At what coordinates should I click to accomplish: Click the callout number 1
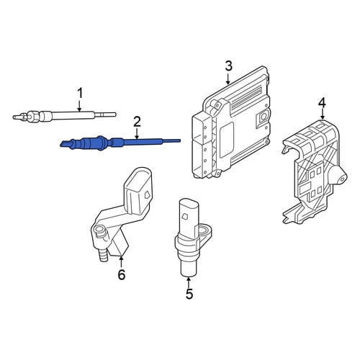coord(80,94)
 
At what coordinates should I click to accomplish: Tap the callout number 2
coord(137,122)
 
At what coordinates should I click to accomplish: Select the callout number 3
coord(228,66)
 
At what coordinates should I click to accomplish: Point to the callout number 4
coord(322,103)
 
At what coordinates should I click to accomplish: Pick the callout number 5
coord(189,294)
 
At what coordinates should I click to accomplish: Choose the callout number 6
coord(122,274)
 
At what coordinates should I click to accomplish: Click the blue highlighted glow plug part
coord(120,143)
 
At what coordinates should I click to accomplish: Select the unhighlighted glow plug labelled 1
coord(64,115)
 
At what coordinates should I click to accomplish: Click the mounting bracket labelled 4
coord(315,171)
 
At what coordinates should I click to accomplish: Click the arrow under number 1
coord(80,106)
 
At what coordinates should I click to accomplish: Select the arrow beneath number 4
coord(323,114)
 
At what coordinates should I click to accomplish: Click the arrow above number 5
coord(189,282)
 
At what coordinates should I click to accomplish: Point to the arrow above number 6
coord(121,262)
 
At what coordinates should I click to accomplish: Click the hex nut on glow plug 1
coord(33,115)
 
